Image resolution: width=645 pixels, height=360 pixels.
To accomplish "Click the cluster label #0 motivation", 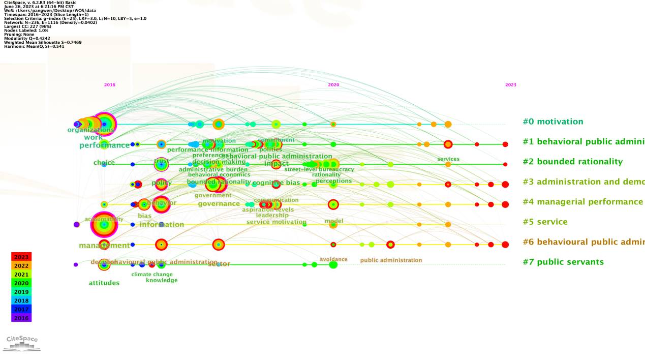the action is click(552, 122).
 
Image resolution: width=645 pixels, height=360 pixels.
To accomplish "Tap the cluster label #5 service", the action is click(545, 222).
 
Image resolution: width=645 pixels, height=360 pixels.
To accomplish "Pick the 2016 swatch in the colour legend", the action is click(21, 318).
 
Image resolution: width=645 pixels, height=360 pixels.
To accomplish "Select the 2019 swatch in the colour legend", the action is click(21, 292).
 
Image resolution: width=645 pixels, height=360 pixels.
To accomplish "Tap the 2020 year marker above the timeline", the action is click(333, 85).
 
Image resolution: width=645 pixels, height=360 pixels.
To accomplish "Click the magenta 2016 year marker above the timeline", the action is click(109, 85).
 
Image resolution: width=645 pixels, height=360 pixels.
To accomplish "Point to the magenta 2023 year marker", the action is click(510, 85).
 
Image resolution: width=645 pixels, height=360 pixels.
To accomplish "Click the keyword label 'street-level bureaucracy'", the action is click(319, 169).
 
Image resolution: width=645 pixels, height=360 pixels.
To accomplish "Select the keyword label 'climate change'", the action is click(152, 275).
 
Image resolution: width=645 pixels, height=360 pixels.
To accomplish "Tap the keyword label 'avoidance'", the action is click(333, 259).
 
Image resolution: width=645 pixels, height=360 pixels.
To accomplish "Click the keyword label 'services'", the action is click(448, 159).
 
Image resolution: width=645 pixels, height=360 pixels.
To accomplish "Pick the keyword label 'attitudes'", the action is click(104, 283).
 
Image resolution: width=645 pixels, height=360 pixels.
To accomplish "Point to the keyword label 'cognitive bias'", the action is click(276, 183).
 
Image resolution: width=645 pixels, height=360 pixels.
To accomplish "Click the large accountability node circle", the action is click(104, 225).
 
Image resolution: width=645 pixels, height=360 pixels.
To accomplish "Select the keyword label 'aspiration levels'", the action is click(268, 209).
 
